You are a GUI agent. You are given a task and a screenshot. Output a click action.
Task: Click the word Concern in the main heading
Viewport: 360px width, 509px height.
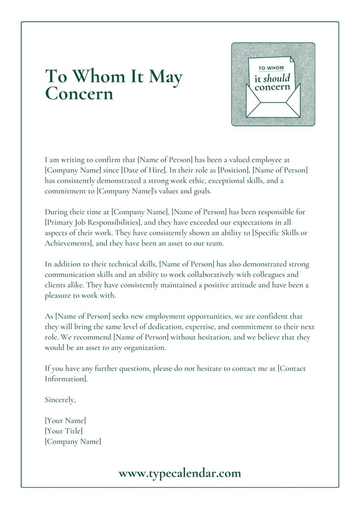[79, 93]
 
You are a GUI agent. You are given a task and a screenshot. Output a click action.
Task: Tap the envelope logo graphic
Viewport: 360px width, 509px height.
[273, 85]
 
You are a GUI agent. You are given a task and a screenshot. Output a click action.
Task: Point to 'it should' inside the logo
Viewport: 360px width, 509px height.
[272, 78]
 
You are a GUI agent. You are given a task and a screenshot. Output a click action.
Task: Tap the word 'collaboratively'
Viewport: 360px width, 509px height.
[218, 275]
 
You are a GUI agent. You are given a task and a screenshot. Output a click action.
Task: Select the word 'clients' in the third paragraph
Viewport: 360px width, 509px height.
[55, 286]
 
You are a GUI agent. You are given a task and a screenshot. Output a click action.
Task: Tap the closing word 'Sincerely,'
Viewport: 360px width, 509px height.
[60, 400]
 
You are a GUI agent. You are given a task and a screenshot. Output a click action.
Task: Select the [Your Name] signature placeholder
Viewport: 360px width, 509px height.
[65, 420]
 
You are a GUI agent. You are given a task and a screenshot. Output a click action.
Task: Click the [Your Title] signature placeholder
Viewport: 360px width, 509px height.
[64, 431]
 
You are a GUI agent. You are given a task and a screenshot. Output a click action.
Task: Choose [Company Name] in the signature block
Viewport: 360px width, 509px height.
[73, 442]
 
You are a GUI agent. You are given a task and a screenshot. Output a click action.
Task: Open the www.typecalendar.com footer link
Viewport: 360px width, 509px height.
[180, 473]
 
